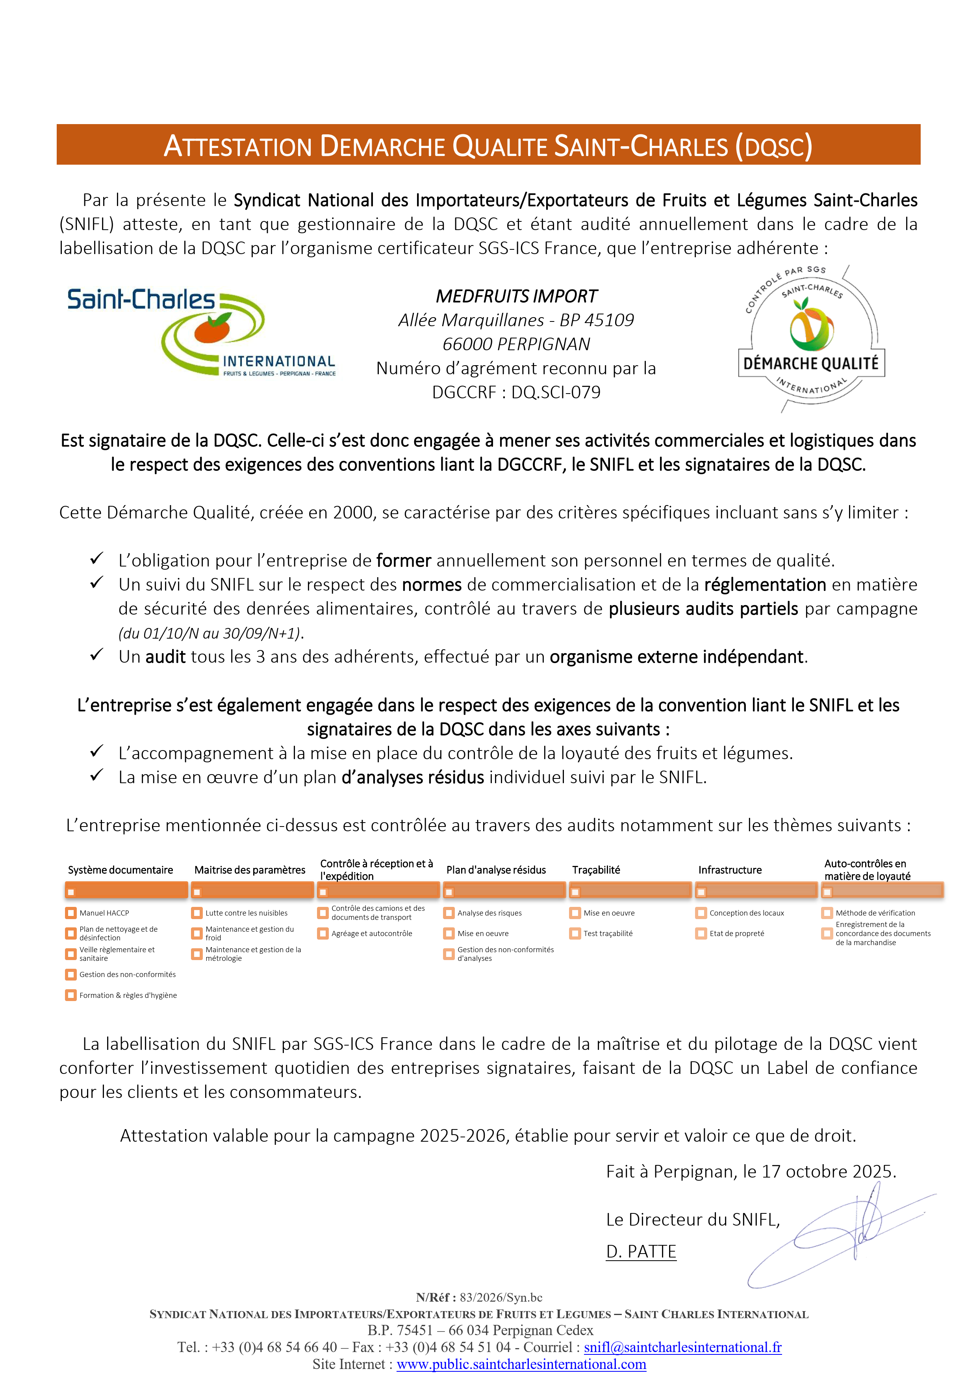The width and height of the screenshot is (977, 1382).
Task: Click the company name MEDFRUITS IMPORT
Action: click(516, 296)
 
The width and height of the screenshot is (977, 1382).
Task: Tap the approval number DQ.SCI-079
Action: click(556, 392)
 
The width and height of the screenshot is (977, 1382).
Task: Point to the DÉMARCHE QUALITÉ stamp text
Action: click(811, 364)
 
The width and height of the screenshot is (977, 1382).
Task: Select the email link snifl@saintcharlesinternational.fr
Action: click(683, 1347)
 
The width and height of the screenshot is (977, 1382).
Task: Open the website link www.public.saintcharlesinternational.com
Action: click(521, 1364)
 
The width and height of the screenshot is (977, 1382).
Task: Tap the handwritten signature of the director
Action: click(842, 1234)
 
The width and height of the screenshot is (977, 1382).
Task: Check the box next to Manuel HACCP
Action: click(71, 913)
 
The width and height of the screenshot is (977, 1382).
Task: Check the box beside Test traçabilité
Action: click(575, 934)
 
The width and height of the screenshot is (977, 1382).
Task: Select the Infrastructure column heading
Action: click(730, 870)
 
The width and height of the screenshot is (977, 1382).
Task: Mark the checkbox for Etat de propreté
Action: click(701, 934)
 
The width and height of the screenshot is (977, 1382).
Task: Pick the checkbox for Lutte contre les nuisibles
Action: click(197, 913)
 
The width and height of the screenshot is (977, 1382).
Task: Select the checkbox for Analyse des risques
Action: click(449, 913)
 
